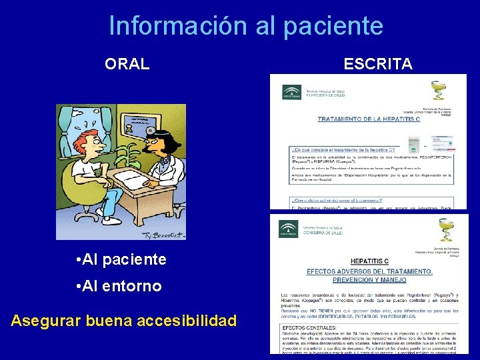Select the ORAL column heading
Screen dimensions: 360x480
coord(127,64)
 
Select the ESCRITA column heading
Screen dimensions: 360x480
coord(377,64)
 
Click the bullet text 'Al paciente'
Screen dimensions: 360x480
coord(121,259)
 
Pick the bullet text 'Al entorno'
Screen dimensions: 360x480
coord(119,286)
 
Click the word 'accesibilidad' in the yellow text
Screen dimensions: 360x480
coord(186,321)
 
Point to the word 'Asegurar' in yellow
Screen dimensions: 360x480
coord(47,321)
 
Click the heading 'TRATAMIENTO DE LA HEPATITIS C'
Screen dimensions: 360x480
coord(369,120)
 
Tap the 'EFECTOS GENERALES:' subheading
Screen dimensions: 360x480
coord(307,328)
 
